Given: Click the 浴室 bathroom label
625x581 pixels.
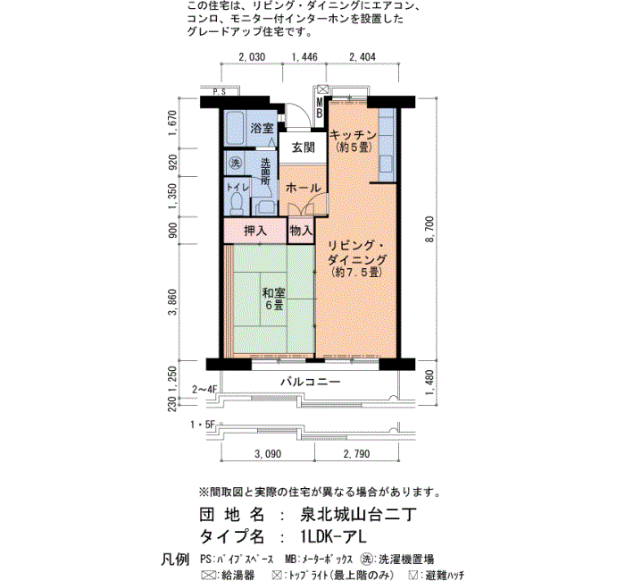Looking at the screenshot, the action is click(x=262, y=128).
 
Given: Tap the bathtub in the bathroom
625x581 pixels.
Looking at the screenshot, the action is click(x=235, y=128).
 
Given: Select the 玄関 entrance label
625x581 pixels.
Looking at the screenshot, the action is click(x=304, y=147).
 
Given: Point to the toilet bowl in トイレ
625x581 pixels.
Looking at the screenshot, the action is click(x=237, y=203).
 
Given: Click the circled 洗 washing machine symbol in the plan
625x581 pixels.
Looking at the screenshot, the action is click(x=236, y=163).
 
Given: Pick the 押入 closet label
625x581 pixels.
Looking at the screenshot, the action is click(x=255, y=231).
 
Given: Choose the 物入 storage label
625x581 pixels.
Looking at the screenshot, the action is click(x=302, y=230).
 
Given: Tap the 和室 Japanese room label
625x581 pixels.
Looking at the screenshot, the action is click(x=274, y=293).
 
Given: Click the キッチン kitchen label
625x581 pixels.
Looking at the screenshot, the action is click(x=354, y=134).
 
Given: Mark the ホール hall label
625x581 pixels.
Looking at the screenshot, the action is click(x=303, y=188).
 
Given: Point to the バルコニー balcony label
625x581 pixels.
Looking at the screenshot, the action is click(x=311, y=382).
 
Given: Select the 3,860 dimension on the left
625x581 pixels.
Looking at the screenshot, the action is click(x=172, y=302).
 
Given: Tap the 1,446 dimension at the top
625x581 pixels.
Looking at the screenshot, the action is click(x=305, y=57).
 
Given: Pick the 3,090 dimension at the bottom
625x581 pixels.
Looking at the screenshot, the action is click(x=268, y=454).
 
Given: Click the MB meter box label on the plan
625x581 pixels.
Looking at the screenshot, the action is click(x=320, y=108).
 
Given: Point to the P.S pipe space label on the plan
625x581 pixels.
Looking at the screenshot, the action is click(x=220, y=92).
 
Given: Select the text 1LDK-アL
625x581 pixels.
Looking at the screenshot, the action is click(x=334, y=536).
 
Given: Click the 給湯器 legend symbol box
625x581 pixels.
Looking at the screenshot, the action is click(x=208, y=575).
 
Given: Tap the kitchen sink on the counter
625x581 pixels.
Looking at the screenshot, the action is click(x=386, y=164).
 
